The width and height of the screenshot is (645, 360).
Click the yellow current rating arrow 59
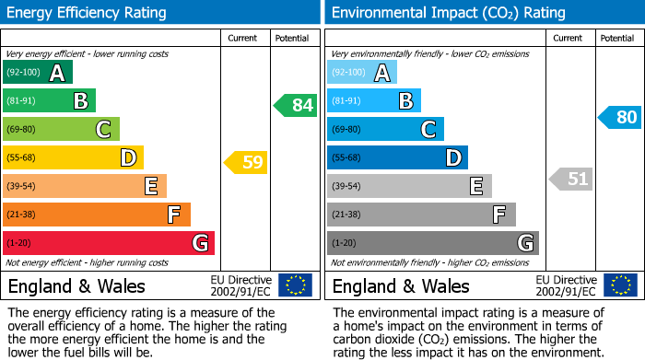[x=245, y=163]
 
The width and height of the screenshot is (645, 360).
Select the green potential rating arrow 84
[x=296, y=105]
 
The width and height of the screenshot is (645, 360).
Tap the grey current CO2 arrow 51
[x=570, y=179]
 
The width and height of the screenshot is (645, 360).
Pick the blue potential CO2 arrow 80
[x=619, y=117]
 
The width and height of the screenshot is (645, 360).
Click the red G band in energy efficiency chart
[x=109, y=243]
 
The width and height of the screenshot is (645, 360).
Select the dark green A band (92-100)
[x=38, y=72]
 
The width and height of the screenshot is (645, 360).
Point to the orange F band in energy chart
[x=97, y=215]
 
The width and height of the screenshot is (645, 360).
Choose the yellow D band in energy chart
[x=73, y=157]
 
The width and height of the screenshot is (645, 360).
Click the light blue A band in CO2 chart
[x=362, y=72]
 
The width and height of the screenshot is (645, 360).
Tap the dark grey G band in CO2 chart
[x=432, y=243]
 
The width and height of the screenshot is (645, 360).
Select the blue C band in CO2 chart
[x=385, y=129]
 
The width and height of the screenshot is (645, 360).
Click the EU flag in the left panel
[x=295, y=285]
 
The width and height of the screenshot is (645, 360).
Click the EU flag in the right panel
[x=619, y=285]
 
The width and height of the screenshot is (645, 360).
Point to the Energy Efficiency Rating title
[x=88, y=13]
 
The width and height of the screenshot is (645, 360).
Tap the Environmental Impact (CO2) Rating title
[x=448, y=13]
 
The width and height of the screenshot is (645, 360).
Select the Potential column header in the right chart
[x=617, y=38]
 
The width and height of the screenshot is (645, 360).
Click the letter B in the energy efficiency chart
[x=80, y=100]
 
